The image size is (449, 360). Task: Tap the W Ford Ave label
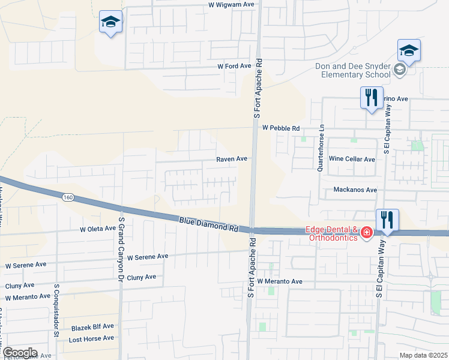click(234, 66)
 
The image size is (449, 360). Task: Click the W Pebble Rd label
click(281, 128)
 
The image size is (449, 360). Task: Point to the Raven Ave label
click(232, 159)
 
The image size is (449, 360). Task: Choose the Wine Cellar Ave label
click(352, 159)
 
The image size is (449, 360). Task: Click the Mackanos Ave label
click(355, 190)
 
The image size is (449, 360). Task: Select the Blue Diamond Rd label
click(209, 225)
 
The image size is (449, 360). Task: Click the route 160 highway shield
click(68, 197)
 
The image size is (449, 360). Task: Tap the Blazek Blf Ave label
click(92, 326)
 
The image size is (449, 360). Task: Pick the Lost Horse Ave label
click(91, 338)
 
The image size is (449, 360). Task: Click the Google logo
click(19, 353)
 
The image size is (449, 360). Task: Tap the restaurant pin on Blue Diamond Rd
click(387, 221)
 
